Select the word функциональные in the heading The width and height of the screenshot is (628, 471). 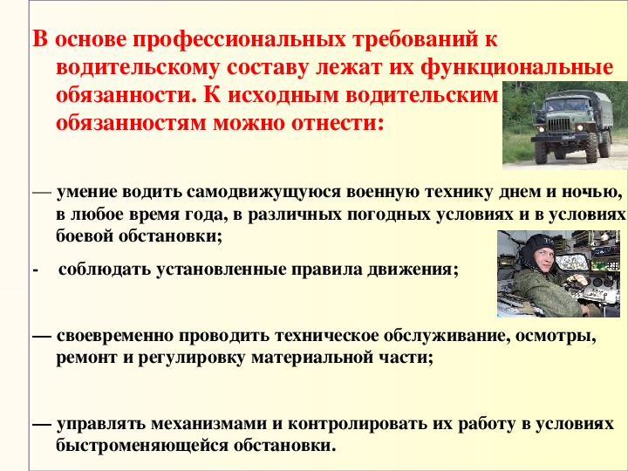[x=517, y=68]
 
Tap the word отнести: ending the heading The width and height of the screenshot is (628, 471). [x=338, y=123]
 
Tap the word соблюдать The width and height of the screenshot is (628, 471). [x=105, y=270]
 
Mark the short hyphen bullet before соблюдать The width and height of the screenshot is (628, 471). [x=35, y=271]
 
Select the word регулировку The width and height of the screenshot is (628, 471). [x=191, y=358]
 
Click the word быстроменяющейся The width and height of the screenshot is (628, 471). [x=142, y=446]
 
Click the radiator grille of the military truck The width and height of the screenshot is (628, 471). [x=558, y=124]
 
